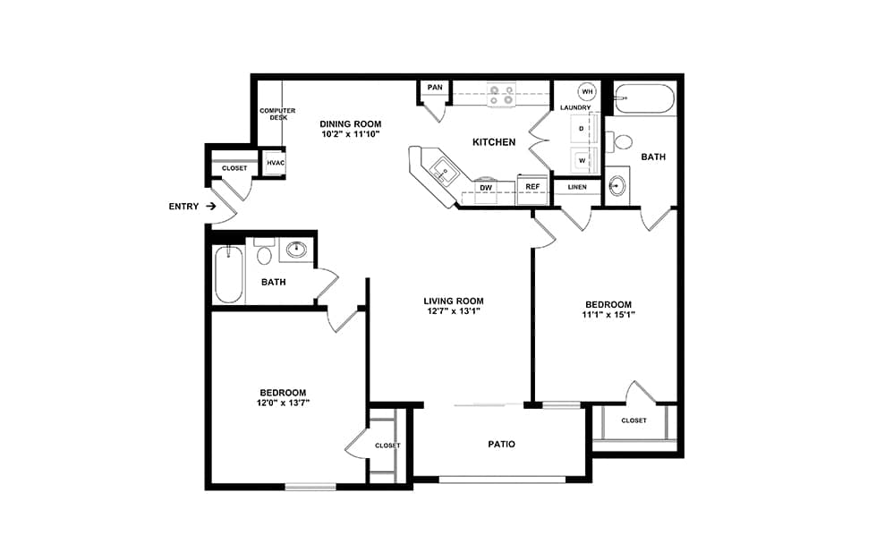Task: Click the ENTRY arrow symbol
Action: coord(210,206)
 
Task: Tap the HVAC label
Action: coord(276,163)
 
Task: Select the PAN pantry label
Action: coord(435,87)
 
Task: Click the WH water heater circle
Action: coord(587,91)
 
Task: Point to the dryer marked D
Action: coord(583,129)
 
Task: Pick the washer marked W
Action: coord(583,160)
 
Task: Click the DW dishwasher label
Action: coord(486,187)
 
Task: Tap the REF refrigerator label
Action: coord(532,187)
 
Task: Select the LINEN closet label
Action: coord(577,187)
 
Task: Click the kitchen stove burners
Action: coord(501,95)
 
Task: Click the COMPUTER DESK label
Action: coord(278,114)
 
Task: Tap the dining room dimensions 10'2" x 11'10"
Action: coord(350,134)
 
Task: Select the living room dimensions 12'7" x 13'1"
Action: coord(454,311)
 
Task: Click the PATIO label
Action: coord(502,444)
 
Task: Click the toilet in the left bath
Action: coord(264,251)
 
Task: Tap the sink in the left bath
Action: coord(296,250)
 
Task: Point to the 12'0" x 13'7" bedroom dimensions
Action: coord(283,403)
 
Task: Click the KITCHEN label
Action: coord(494,142)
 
